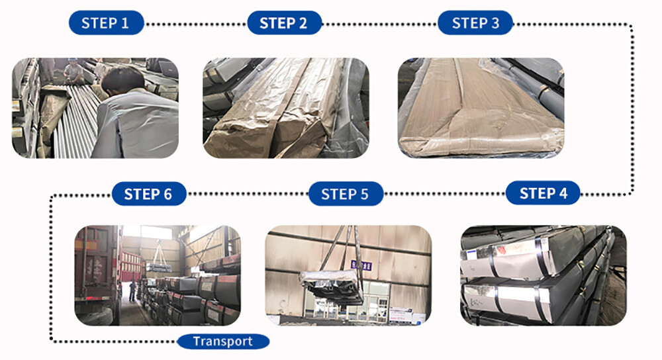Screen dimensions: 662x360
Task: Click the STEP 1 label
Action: (106, 22)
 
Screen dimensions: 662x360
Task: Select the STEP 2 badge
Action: (284, 22)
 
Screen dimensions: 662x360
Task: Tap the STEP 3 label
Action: (475, 22)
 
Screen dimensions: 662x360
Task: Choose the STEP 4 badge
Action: (543, 193)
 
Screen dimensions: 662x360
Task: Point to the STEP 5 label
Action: (346, 194)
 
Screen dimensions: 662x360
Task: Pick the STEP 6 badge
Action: (148, 194)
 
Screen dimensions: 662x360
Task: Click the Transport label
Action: (223, 341)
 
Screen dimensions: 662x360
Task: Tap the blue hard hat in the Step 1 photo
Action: (73, 60)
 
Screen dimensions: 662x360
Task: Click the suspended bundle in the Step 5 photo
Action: (332, 285)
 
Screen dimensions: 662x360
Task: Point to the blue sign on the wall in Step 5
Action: (361, 265)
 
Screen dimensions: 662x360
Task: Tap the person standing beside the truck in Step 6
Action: (133, 291)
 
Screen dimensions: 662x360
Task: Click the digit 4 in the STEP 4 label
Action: (563, 193)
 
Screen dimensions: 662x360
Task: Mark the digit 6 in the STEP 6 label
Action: (167, 194)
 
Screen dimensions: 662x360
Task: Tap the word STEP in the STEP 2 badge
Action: (276, 23)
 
